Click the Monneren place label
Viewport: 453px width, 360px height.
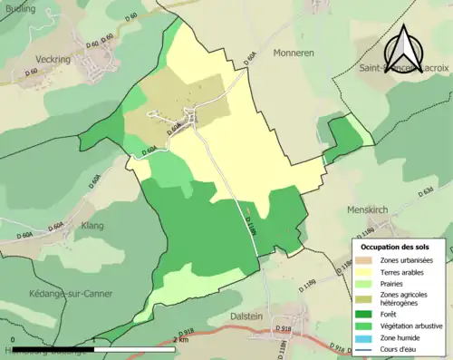tap(293, 54)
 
